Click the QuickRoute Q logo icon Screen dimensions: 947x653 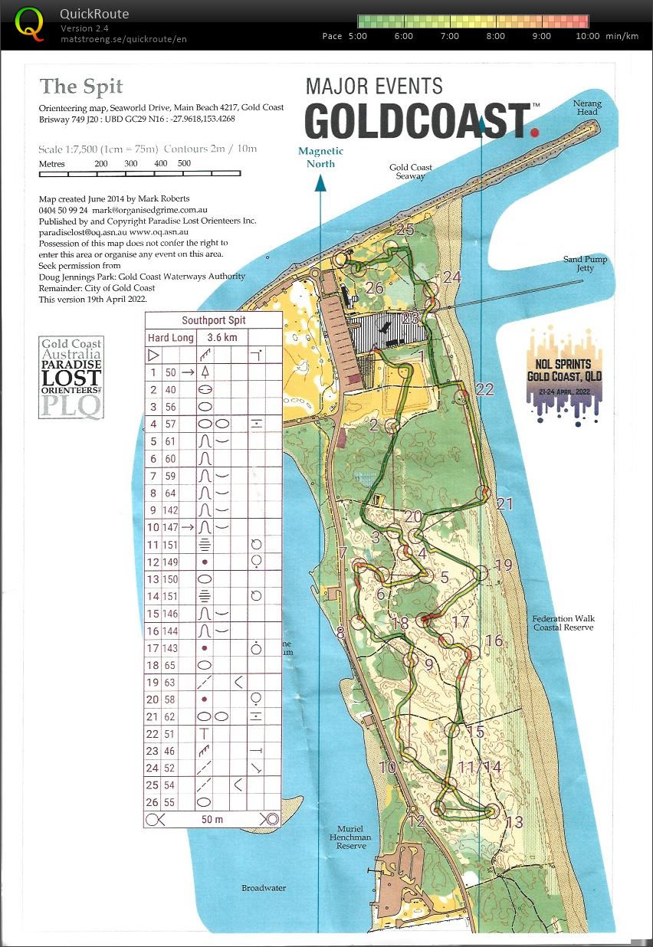[30, 23]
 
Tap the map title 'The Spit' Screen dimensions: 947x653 [81, 86]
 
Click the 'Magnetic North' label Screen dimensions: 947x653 [320, 157]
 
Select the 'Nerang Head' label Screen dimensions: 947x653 [587, 108]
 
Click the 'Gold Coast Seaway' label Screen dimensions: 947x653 [410, 172]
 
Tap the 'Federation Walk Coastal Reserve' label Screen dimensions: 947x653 [563, 623]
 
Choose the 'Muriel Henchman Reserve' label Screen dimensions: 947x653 [354, 837]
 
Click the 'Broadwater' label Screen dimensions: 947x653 [264, 888]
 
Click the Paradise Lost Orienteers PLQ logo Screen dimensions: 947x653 [71, 378]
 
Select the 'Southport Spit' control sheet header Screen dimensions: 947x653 [213, 320]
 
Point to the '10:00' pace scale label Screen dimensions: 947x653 [588, 36]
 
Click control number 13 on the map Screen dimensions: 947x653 [514, 822]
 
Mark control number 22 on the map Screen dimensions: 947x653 [484, 389]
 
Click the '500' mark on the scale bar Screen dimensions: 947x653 [184, 164]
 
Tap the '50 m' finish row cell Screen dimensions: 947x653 [212, 819]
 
